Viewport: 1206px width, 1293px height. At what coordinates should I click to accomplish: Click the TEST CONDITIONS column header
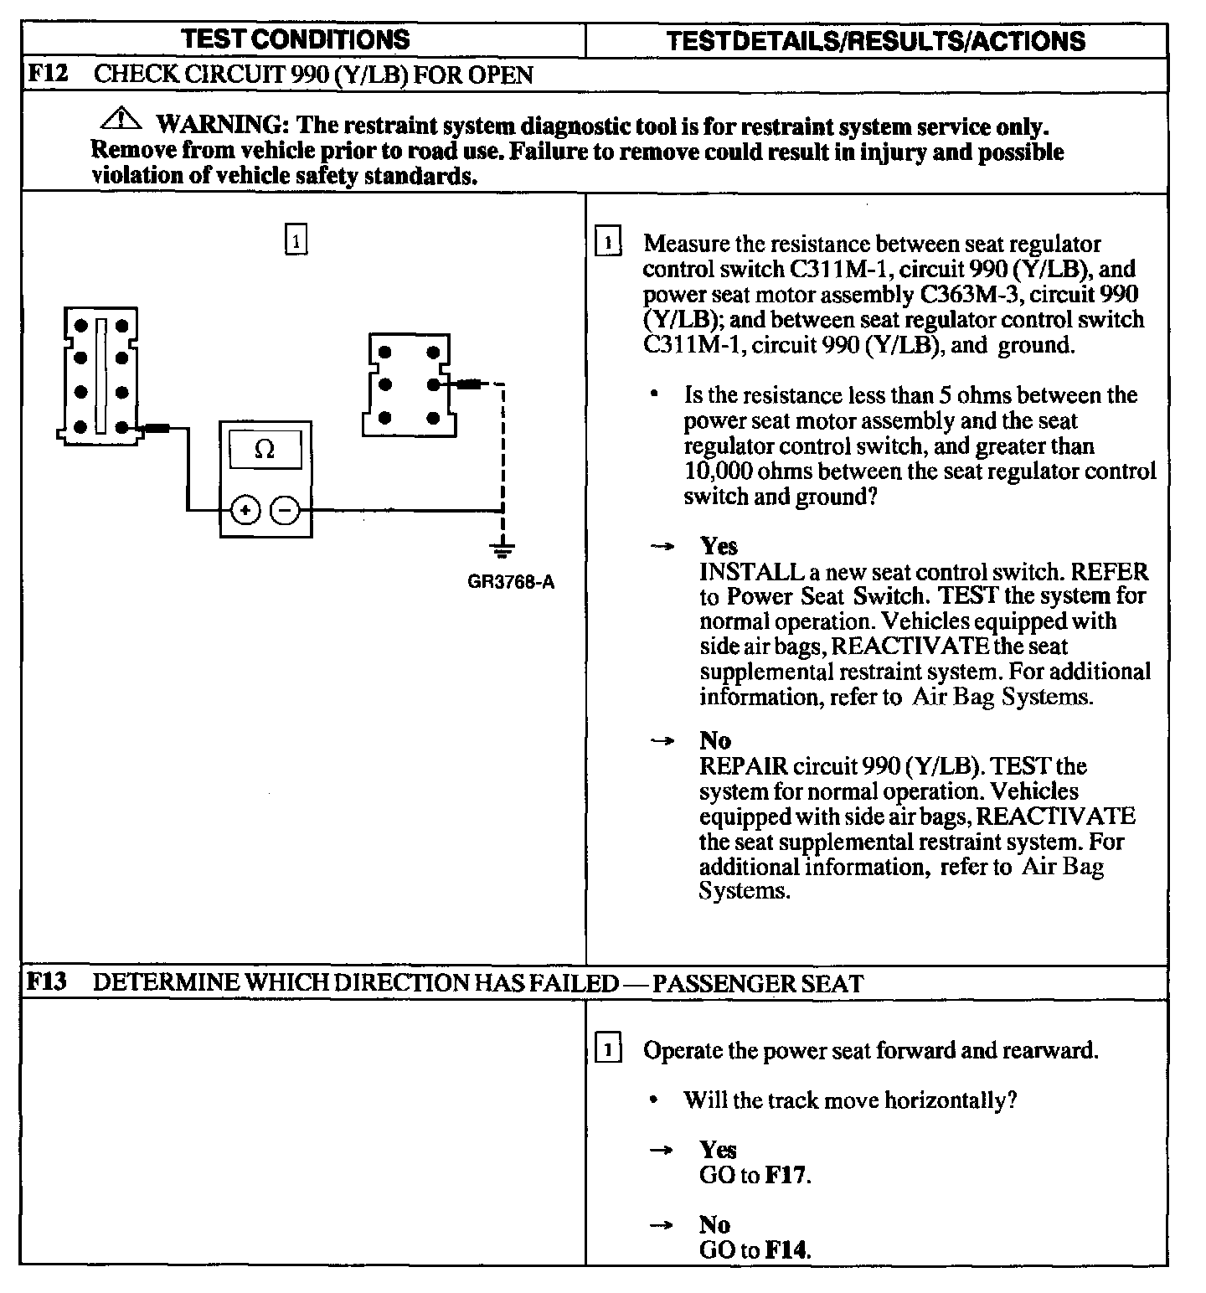[x=296, y=39]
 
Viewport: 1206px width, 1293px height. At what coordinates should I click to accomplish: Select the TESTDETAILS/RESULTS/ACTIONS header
[x=875, y=41]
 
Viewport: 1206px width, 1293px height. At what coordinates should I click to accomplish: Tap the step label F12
[x=46, y=74]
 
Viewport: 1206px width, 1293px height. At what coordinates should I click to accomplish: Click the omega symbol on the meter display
[x=265, y=450]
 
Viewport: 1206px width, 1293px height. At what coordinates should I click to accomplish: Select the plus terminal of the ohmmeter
[x=245, y=509]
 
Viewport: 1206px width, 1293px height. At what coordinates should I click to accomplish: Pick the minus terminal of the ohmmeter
[x=286, y=509]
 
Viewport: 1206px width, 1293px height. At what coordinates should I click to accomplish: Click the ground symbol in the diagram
[x=502, y=550]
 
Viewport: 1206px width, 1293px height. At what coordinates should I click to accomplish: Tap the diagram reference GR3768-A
[x=511, y=582]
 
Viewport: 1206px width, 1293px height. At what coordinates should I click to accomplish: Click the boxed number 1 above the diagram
[x=296, y=241]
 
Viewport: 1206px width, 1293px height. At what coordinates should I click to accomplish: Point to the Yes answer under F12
[x=719, y=546]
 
